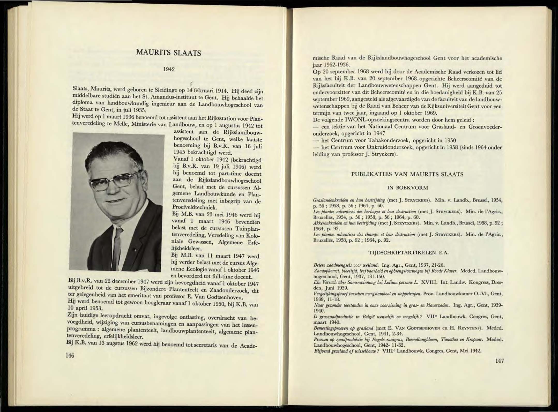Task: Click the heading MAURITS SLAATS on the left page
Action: point(169,53)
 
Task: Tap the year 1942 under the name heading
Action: point(169,69)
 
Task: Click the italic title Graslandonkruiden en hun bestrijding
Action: point(349,200)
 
